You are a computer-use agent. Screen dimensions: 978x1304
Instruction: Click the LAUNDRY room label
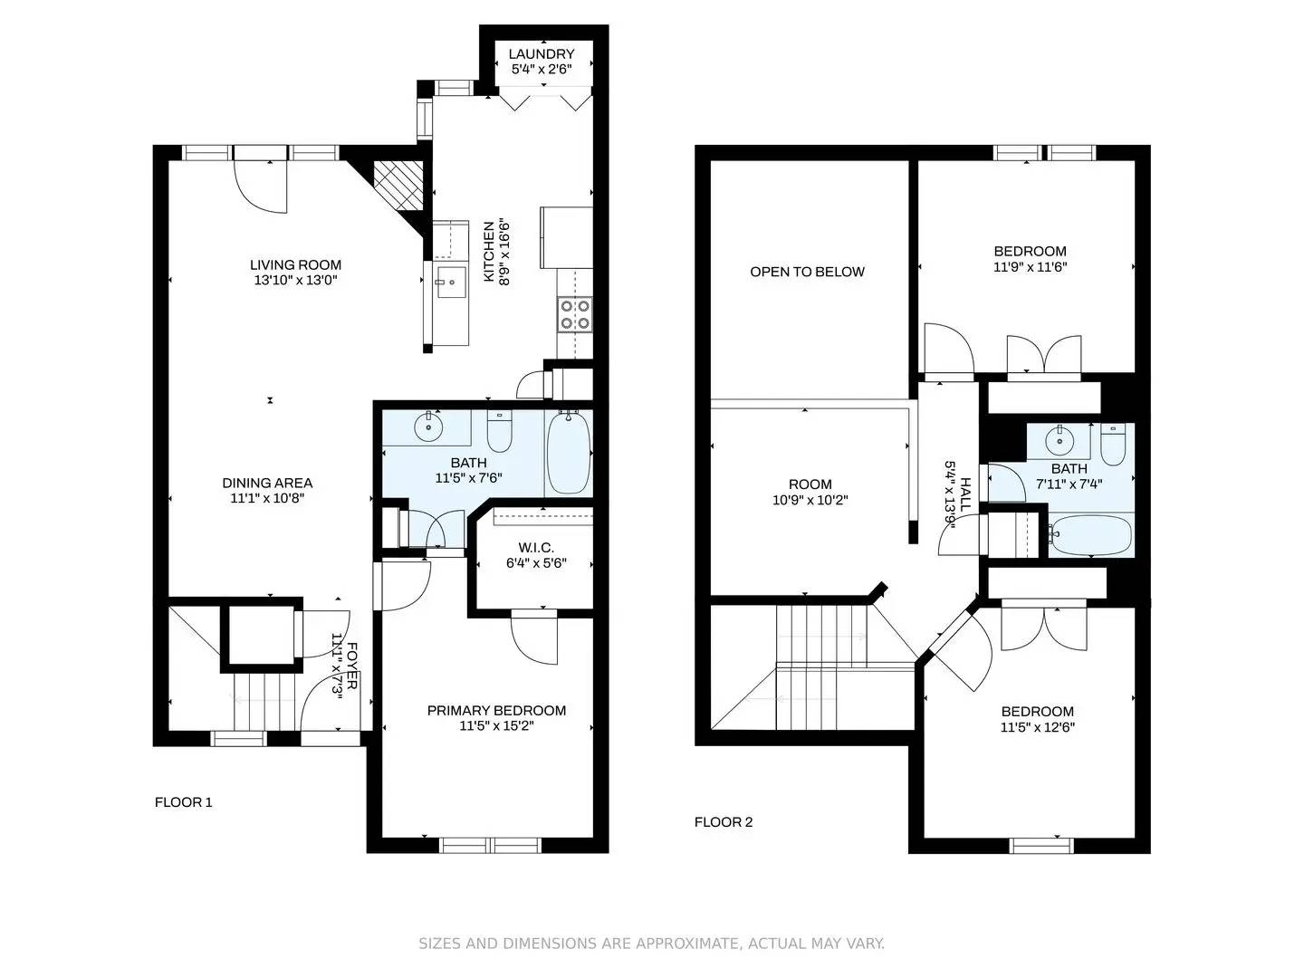click(542, 54)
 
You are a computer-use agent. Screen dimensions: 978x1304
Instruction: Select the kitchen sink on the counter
click(449, 283)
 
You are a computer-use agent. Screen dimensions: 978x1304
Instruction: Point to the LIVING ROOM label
click(295, 265)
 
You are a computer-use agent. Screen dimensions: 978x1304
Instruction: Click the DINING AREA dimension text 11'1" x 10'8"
click(267, 498)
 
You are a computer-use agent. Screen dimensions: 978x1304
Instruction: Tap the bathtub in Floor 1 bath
click(569, 453)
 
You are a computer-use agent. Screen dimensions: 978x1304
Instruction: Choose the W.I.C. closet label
click(536, 548)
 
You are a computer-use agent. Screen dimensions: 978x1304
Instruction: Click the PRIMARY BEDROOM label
click(496, 711)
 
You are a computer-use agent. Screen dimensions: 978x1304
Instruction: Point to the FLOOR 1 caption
click(184, 802)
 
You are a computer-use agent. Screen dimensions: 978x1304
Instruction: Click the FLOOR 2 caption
click(724, 822)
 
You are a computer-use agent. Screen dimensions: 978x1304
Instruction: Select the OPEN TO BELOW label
click(807, 272)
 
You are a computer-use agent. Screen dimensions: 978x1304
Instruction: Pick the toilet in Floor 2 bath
click(1113, 445)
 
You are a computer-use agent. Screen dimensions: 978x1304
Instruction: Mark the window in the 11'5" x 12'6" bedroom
click(1042, 846)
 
